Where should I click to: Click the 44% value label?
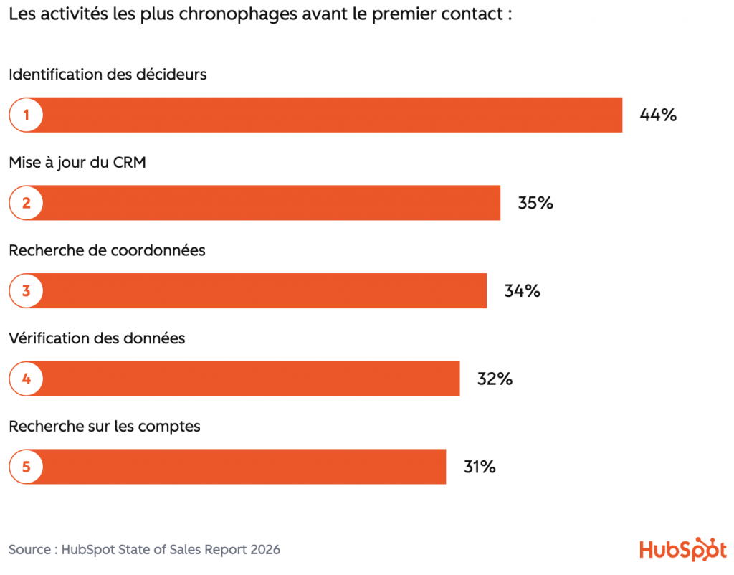coord(658,115)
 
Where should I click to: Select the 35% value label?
coord(535,203)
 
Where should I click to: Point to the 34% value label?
coord(523,291)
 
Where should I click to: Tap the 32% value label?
coord(495,379)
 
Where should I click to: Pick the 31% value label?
coord(480,467)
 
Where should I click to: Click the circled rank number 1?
coord(27,115)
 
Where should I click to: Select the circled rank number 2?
coord(27,203)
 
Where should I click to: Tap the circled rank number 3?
coord(27,291)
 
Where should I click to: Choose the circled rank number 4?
coord(27,379)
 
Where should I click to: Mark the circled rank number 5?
coord(27,467)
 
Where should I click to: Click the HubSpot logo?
coord(683,549)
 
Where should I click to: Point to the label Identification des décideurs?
coord(108,75)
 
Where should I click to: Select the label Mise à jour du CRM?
coord(77,163)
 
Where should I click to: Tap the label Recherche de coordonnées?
coord(107,250)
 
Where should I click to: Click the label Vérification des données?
coord(97,338)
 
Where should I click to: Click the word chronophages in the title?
coord(238,15)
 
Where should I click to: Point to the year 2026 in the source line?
coord(265,550)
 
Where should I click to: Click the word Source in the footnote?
coord(29,550)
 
